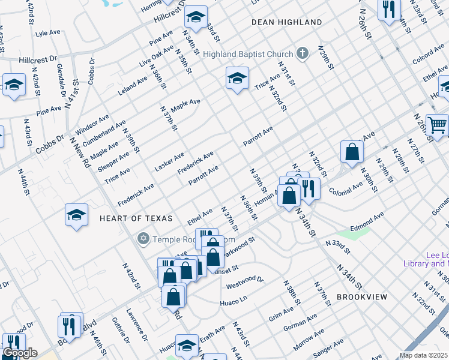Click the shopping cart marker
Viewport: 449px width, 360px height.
click(x=438, y=125)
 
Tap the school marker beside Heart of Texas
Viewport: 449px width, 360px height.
click(x=77, y=215)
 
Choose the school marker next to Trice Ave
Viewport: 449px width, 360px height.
click(x=238, y=78)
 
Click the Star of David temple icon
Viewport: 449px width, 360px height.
click(x=143, y=239)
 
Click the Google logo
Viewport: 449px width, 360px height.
click(x=19, y=353)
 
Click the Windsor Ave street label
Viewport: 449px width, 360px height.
click(x=91, y=125)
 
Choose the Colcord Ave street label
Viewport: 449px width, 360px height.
click(x=428, y=56)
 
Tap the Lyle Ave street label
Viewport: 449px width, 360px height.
click(x=49, y=34)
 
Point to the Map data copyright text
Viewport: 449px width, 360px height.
click(x=423, y=355)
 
